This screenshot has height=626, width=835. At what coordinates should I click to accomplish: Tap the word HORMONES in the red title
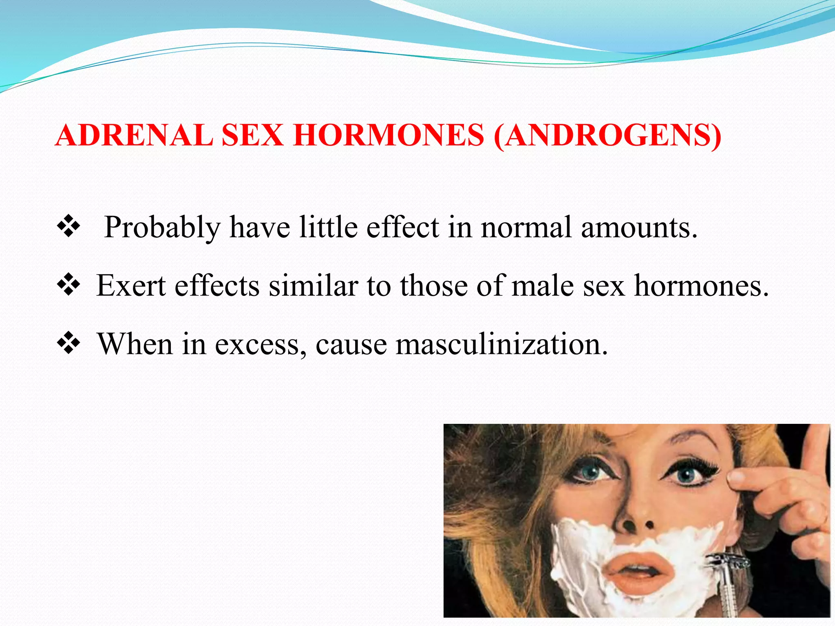(389, 135)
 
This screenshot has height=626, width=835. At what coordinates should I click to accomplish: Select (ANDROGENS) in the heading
(607, 136)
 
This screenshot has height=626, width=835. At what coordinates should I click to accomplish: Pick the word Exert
(131, 285)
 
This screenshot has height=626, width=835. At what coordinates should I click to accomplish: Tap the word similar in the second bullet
(313, 285)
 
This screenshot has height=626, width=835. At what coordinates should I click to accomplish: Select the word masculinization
(501, 344)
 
